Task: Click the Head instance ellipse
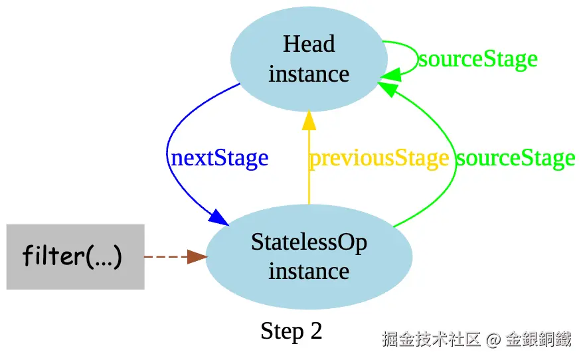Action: click(x=309, y=58)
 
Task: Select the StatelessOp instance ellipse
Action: click(x=309, y=257)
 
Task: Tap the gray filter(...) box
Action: click(x=75, y=256)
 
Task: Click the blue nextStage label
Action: click(x=219, y=158)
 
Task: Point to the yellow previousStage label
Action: click(x=378, y=158)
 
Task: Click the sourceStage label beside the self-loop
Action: click(x=477, y=59)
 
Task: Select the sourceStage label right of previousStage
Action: click(x=515, y=158)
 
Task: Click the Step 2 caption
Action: click(x=291, y=331)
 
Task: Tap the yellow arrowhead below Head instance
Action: click(x=309, y=120)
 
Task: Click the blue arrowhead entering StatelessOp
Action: click(x=218, y=217)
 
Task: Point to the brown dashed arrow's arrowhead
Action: click(x=197, y=257)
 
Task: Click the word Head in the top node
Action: click(x=309, y=45)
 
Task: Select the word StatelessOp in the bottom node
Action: click(x=309, y=242)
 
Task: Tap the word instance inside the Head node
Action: click(x=309, y=74)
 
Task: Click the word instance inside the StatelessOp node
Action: click(x=309, y=272)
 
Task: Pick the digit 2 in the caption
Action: click(x=315, y=331)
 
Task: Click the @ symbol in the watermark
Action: click(x=493, y=339)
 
